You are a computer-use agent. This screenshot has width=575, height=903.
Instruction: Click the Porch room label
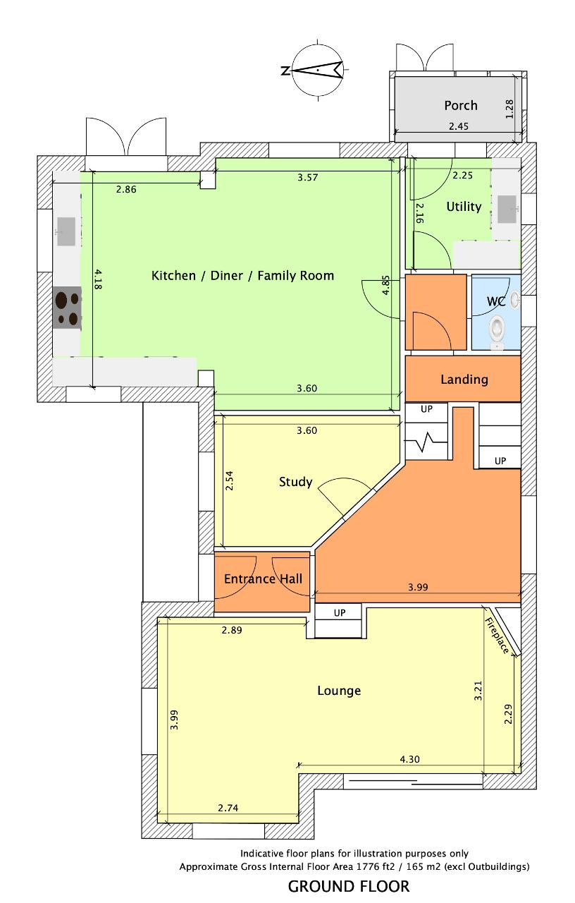coord(461,106)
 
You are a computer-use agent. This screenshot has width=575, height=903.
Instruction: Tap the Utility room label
coord(464,207)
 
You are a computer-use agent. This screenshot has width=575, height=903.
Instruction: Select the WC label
coord(496,301)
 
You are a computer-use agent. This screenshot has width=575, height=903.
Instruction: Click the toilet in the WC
coord(496,331)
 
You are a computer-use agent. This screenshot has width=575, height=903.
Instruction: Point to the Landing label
coord(464,380)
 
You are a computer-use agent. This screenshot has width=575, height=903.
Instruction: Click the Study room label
coord(295,482)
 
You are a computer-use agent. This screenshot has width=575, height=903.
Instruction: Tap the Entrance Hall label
coord(263,579)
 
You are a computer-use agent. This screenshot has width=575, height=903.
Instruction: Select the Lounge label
coord(339,691)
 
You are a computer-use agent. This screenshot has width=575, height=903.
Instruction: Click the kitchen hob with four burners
coord(67,308)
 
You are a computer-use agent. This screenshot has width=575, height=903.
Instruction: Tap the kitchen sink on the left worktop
coord(66,231)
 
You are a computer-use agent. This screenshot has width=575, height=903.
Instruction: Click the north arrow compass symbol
coord(318,70)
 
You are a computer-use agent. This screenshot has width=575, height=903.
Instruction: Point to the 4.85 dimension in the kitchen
coord(385,285)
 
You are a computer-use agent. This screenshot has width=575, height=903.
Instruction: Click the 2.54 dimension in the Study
coord(229,481)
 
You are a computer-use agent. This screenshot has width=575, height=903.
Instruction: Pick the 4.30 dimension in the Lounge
coord(409,760)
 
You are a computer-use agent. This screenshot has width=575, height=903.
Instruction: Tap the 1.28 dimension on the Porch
coord(509,109)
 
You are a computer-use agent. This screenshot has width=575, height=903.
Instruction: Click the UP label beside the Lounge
coord(340,613)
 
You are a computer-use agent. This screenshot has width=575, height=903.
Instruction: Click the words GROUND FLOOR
coord(349,887)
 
